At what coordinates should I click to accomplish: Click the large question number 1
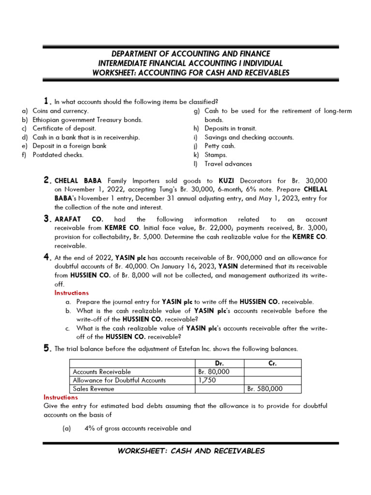(x=46, y=101)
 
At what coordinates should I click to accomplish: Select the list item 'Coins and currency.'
(x=60, y=111)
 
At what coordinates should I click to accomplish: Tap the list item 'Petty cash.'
(x=220, y=146)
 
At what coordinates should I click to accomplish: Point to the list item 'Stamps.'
(x=215, y=155)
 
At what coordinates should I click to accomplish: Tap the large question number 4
(x=47, y=258)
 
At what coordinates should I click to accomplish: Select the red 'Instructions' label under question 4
(x=71, y=293)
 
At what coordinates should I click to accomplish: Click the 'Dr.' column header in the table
(x=219, y=364)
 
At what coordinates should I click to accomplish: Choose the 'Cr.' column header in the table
(x=272, y=364)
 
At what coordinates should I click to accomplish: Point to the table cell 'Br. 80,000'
(x=214, y=372)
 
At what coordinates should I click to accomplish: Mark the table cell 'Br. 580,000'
(x=265, y=389)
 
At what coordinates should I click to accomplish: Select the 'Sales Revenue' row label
(x=93, y=389)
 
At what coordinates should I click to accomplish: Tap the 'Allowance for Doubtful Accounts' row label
(x=119, y=380)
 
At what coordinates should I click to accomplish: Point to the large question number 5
(x=47, y=349)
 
